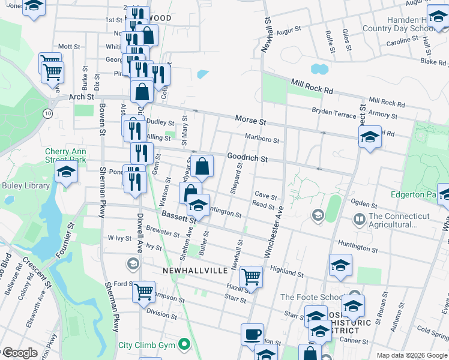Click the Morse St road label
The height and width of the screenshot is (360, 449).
click(250, 120)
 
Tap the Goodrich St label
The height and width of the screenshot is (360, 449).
click(247, 158)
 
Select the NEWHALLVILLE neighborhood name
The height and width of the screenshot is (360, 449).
click(195, 271)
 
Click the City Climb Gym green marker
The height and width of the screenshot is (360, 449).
click(185, 344)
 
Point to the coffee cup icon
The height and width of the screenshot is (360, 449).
click(252, 334)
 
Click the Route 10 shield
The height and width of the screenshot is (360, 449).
click(47, 113)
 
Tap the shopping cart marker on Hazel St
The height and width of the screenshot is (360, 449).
click(251, 277)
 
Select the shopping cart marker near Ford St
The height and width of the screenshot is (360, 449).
click(144, 293)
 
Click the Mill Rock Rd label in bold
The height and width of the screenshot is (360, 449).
click(312, 86)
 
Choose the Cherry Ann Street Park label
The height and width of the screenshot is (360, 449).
click(65, 155)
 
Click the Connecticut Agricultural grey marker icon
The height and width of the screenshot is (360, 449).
click(360, 217)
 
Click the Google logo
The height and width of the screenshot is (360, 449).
click(19, 353)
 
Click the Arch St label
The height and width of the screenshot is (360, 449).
click(82, 96)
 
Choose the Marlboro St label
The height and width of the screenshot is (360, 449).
click(262, 139)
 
